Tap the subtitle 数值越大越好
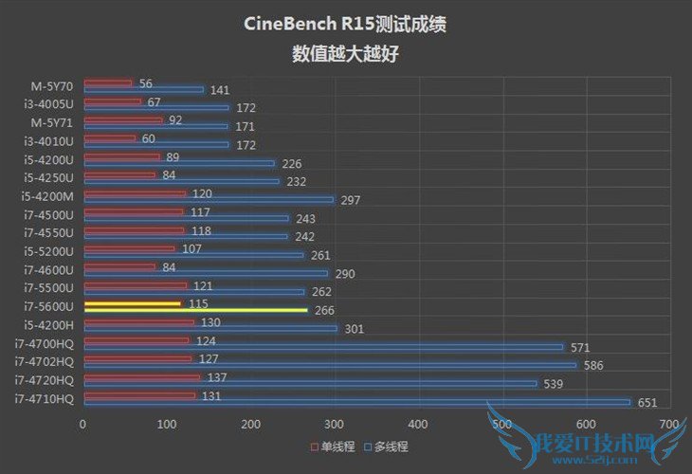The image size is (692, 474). pos(346,53)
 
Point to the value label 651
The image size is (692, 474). pos(646,403)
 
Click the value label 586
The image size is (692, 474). pos(593,365)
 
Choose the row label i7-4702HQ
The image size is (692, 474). pos(45,361)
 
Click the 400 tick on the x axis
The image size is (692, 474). pos(418,424)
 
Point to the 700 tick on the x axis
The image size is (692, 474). pos(669,424)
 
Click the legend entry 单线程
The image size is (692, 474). pos(335,446)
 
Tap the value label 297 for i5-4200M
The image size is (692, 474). pos(351,200)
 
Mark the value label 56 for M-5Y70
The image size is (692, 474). pos(145,83)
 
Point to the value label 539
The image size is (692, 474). pos(554,384)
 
